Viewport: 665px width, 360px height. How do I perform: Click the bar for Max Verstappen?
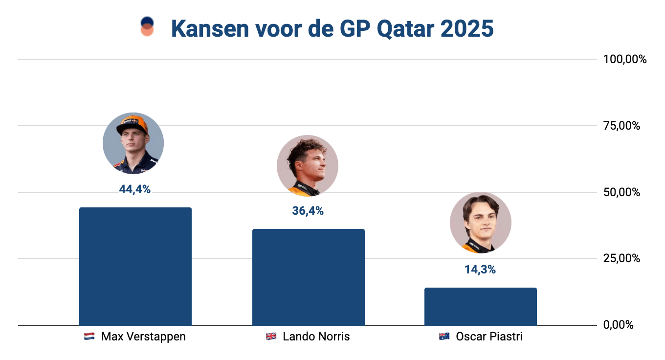pyautogui.click(x=135, y=266)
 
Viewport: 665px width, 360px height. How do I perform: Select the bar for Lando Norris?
pyautogui.click(x=308, y=277)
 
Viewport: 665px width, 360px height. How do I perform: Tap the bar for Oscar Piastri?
pyautogui.click(x=480, y=306)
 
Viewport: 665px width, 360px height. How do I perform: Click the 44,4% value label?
pyautogui.click(x=134, y=189)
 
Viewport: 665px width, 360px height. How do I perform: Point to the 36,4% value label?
pyautogui.click(x=308, y=211)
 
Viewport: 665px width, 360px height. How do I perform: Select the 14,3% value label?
pyautogui.click(x=480, y=270)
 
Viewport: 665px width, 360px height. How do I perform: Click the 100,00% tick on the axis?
pyautogui.click(x=624, y=60)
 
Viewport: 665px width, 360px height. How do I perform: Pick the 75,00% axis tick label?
pyautogui.click(x=621, y=126)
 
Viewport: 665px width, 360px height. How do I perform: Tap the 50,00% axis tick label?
pyautogui.click(x=621, y=192)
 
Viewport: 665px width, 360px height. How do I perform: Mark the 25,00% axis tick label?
pyautogui.click(x=621, y=259)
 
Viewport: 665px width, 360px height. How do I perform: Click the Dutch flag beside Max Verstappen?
pyautogui.click(x=89, y=337)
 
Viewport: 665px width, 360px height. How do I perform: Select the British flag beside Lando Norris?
pyautogui.click(x=271, y=337)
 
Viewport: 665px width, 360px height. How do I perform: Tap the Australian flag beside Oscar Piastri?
pyautogui.click(x=444, y=337)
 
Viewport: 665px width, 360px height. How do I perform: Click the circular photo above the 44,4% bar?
pyautogui.click(x=133, y=143)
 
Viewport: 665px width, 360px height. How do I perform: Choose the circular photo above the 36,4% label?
pyautogui.click(x=307, y=165)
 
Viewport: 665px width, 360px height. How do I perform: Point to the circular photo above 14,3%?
pyautogui.click(x=480, y=223)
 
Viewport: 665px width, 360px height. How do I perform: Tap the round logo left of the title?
pyautogui.click(x=147, y=26)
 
